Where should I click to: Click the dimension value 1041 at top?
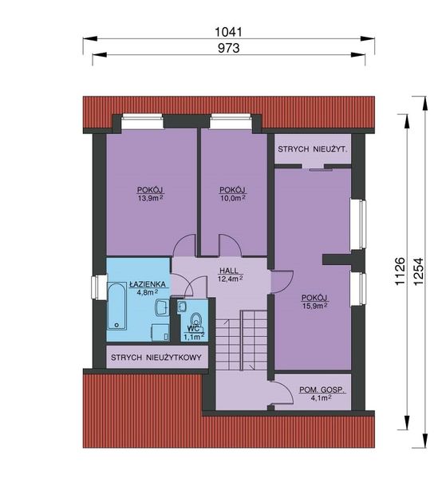[228, 32]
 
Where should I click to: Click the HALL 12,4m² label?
[230, 274]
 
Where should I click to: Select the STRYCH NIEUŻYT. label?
[314, 149]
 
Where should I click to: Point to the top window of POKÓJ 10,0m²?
[232, 121]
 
